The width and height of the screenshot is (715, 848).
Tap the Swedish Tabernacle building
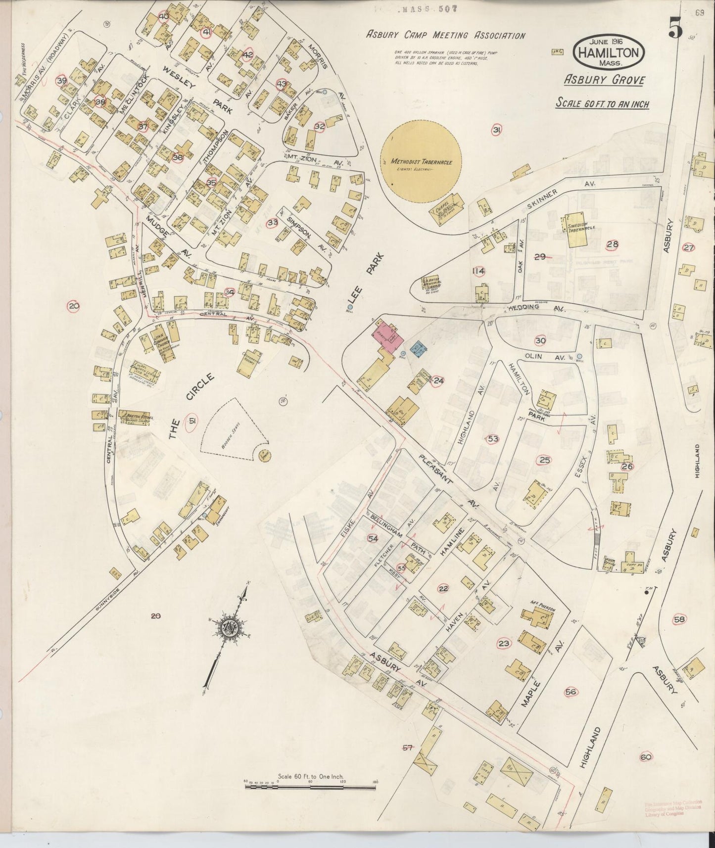click(x=580, y=230)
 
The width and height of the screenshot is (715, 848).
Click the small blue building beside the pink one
click(x=419, y=350)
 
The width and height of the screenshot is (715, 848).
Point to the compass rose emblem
click(x=230, y=628)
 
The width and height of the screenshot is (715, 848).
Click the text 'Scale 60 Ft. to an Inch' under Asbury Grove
click(x=602, y=103)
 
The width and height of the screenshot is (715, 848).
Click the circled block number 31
click(x=497, y=130)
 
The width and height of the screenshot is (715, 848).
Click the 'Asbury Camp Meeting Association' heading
click(x=445, y=36)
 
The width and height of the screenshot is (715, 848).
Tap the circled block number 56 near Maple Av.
click(x=570, y=692)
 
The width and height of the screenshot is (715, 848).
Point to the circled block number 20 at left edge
click(x=74, y=306)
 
